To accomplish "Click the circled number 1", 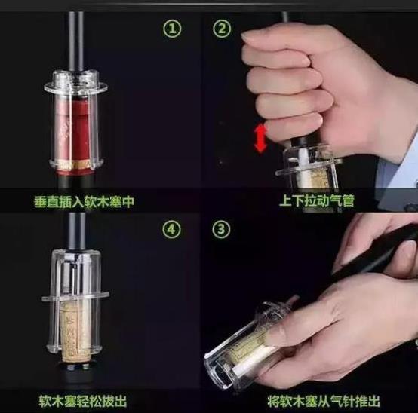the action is (x=172, y=29).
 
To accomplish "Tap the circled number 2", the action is (x=222, y=29).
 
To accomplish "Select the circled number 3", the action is (x=221, y=229).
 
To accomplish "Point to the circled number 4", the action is (x=172, y=229).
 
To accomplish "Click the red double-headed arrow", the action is (x=260, y=139).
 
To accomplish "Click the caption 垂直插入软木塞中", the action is (x=85, y=201).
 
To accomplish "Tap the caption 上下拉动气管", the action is (x=317, y=200).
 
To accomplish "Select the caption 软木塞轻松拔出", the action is (x=83, y=401).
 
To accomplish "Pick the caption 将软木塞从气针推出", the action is (x=324, y=401).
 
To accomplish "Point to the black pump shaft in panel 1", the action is (x=75, y=43).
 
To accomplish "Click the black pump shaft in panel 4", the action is (x=76, y=231).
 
